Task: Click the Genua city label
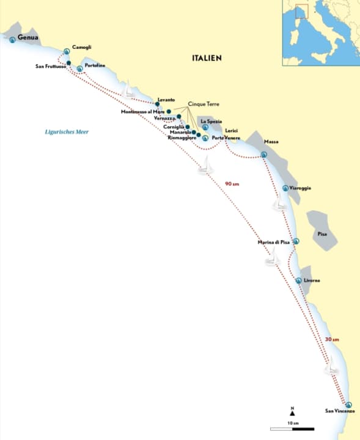click(x=29, y=38)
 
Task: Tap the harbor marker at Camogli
click(x=67, y=51)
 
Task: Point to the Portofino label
click(x=95, y=65)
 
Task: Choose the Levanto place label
click(x=166, y=100)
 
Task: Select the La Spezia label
click(x=211, y=121)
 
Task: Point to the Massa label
click(x=271, y=142)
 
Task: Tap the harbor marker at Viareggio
click(x=285, y=188)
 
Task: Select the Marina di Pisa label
click(x=273, y=243)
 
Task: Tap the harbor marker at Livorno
click(x=298, y=280)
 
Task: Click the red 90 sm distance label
click(x=232, y=183)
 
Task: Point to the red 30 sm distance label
click(x=332, y=339)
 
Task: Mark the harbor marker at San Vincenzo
click(x=349, y=404)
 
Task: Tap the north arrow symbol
click(x=292, y=414)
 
